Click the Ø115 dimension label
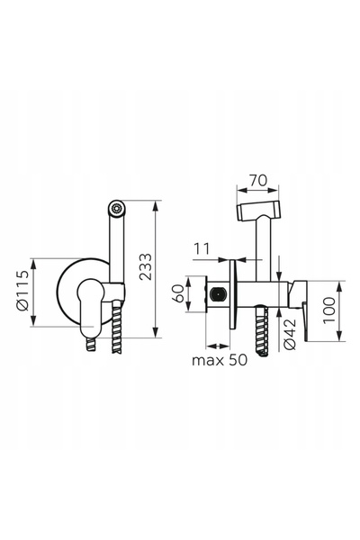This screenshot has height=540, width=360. [x=24, y=291]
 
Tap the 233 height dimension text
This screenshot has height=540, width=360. [x=146, y=266]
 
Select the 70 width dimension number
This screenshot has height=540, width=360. [x=258, y=180]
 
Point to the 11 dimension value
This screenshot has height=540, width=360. [x=202, y=248]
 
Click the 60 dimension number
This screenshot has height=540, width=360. [x=179, y=293]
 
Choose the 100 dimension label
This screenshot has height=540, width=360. [x=329, y=310]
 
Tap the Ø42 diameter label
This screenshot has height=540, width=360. [x=290, y=334]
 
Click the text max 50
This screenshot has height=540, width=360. [x=220, y=360]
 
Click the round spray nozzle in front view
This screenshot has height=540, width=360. [x=116, y=208]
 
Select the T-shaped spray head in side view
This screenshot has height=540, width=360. [x=258, y=211]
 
